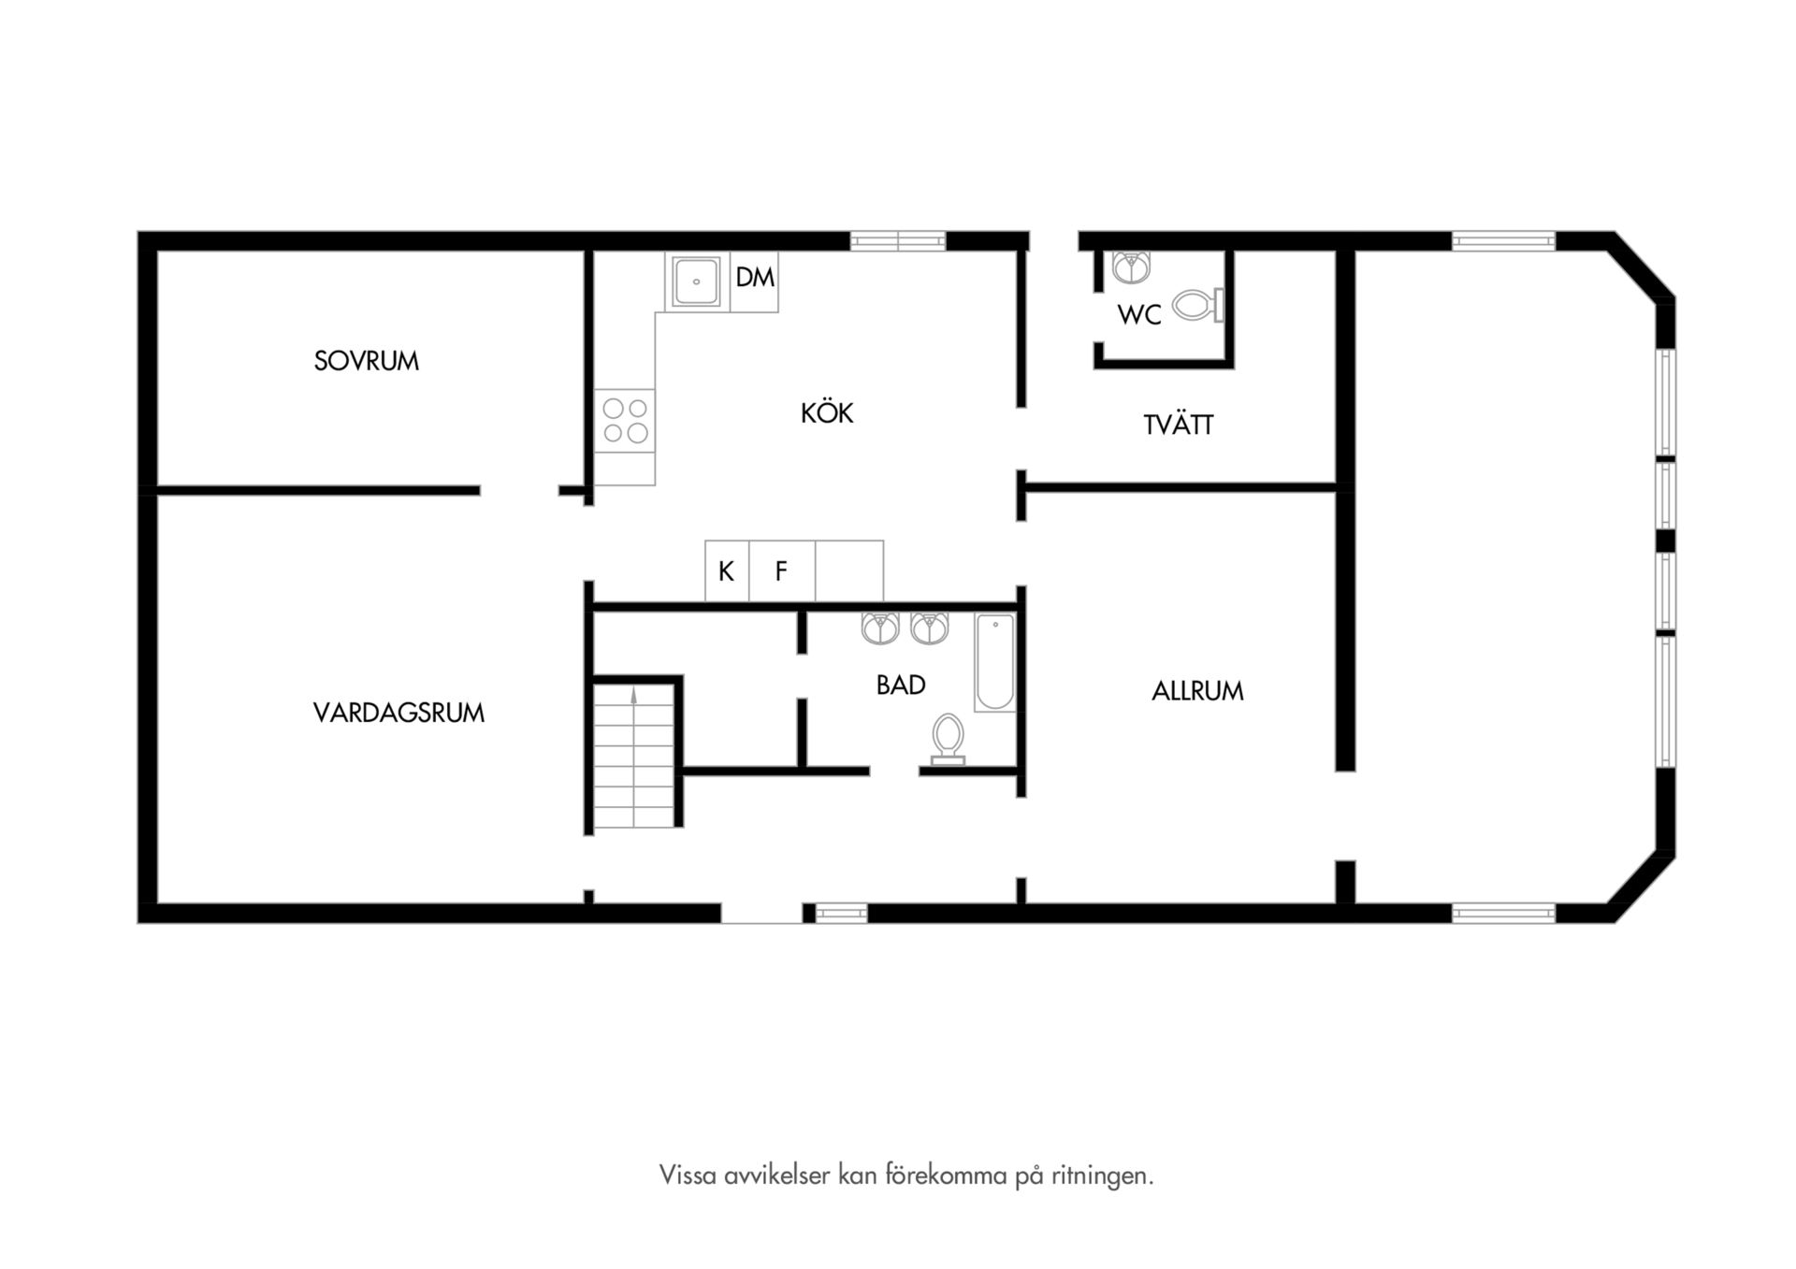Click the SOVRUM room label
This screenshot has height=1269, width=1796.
[366, 361]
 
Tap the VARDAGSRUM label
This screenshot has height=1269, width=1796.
[398, 713]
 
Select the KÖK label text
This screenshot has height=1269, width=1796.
[827, 412]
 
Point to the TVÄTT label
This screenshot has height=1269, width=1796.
[1179, 425]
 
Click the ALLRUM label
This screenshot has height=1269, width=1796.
[1197, 691]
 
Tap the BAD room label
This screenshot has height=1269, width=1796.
[901, 685]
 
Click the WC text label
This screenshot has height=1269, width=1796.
[1139, 315]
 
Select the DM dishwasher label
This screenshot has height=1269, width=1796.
[755, 277]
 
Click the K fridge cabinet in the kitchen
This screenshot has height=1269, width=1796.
[727, 571]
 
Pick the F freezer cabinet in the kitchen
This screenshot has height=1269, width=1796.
[782, 571]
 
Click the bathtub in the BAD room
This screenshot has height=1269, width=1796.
[995, 662]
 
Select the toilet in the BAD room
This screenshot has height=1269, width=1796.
[948, 740]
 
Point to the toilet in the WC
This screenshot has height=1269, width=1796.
[1198, 305]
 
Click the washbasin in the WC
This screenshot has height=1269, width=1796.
[1132, 267]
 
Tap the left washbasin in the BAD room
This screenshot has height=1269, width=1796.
[880, 627]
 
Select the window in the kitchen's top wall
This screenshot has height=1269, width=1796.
[898, 241]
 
